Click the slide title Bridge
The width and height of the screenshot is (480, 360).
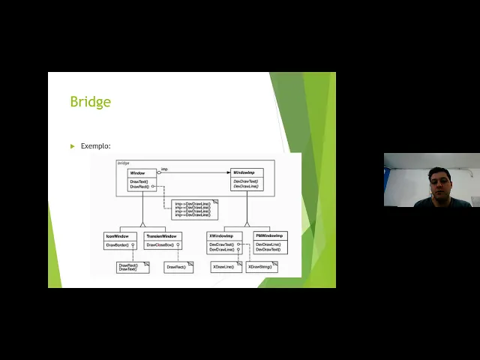click(90, 101)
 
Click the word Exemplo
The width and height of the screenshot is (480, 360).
click(95, 146)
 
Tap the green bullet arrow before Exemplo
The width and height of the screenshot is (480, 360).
click(73, 146)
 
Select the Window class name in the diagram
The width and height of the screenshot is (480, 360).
click(137, 173)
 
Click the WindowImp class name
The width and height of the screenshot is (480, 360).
click(246, 173)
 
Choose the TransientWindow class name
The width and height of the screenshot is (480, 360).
click(161, 236)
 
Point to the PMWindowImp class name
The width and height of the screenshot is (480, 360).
click(269, 236)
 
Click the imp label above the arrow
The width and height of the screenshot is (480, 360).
click(164, 169)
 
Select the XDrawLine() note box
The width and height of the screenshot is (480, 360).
click(225, 266)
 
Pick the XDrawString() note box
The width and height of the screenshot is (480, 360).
click(262, 266)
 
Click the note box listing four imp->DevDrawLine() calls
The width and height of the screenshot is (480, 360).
click(193, 209)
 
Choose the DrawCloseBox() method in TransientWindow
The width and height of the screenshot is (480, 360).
click(160, 245)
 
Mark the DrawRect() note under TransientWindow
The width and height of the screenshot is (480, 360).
click(177, 267)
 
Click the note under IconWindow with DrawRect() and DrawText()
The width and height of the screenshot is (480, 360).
click(131, 267)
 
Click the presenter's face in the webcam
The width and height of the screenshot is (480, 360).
click(439, 183)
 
